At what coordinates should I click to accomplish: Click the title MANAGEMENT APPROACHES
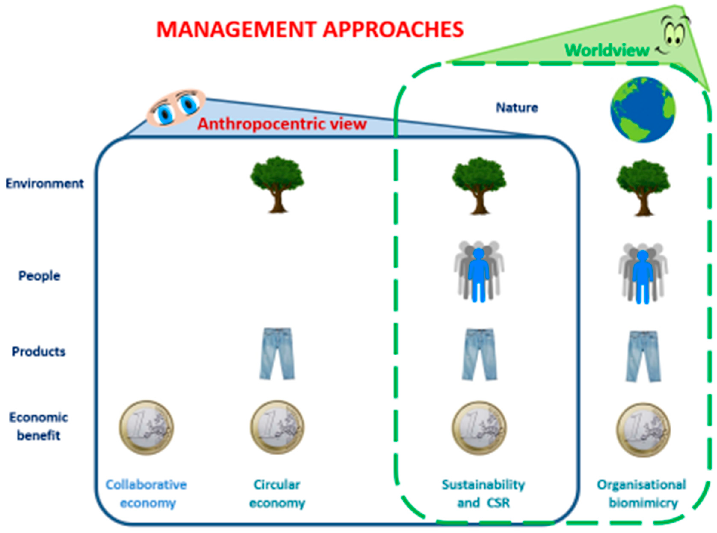[310, 30]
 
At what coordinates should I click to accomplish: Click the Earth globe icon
[643, 110]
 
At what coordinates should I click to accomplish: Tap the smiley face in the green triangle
[673, 34]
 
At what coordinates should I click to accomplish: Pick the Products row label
[39, 351]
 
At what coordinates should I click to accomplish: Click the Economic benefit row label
[39, 426]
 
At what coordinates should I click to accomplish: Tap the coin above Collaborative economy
[147, 428]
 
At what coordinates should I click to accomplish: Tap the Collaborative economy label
[147, 494]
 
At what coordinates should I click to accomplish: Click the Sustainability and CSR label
[483, 494]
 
